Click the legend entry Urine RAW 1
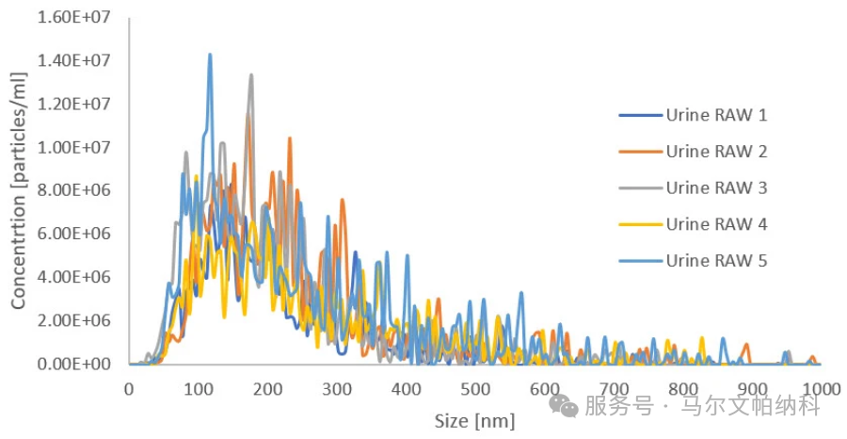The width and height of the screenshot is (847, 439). point(716,116)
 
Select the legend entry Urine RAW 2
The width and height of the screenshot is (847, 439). point(716,152)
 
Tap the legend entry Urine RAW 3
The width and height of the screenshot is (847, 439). point(716,187)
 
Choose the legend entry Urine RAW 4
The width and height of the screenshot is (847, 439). point(716,224)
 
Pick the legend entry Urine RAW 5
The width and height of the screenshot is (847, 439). point(716,260)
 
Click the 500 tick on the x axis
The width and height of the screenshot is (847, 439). point(475,388)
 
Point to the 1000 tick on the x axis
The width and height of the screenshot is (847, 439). point(821,388)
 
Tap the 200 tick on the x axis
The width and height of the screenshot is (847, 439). point(267,388)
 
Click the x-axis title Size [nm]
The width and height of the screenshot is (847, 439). point(475,419)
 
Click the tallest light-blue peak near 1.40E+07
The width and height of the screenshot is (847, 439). point(210,55)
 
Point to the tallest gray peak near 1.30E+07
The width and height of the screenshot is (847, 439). point(251,75)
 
